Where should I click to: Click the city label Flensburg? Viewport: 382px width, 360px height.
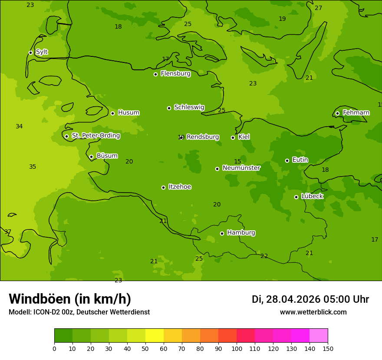[x=175, y=74]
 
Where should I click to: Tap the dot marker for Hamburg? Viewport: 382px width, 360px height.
[x=222, y=233]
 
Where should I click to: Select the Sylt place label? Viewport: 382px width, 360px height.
[x=42, y=52]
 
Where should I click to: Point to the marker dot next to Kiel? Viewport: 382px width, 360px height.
[x=233, y=137]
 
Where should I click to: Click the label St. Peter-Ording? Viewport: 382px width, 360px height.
[x=95, y=136]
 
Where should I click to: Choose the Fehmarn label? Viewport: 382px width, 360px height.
[x=356, y=113]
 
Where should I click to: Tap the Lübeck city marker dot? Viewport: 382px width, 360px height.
[x=296, y=197]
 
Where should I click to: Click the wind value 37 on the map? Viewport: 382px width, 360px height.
[x=8, y=232]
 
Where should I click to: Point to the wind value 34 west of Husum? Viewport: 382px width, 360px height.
[x=19, y=127]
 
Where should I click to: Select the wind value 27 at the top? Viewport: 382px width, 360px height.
[x=318, y=8]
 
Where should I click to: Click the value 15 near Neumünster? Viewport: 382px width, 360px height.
[x=237, y=162]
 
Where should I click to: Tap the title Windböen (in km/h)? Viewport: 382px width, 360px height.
[x=70, y=299]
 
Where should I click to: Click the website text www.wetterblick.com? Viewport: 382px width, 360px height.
[x=313, y=312]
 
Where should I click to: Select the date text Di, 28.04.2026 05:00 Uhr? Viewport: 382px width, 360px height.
[x=310, y=299]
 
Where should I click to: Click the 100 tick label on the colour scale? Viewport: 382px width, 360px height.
[x=237, y=349]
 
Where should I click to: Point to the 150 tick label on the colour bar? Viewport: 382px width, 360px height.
[x=328, y=349]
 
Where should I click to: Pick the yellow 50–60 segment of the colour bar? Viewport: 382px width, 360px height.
[x=155, y=336]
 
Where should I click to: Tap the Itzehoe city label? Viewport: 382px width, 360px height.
[x=180, y=187]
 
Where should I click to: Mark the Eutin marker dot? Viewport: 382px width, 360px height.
[x=287, y=160]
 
